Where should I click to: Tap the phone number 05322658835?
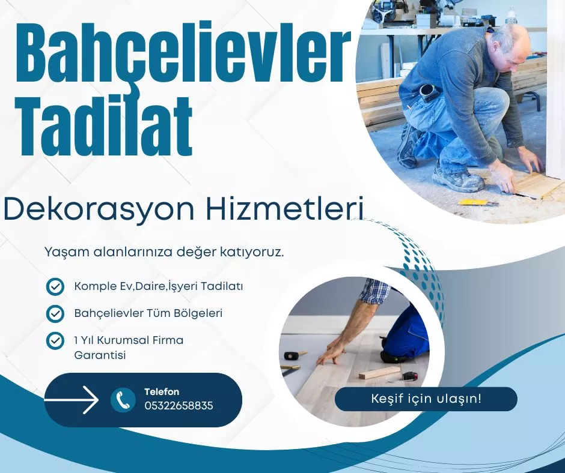coord(179,406)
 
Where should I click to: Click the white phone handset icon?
coord(123,400)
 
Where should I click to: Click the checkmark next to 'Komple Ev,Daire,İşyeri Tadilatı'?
coord(55,287)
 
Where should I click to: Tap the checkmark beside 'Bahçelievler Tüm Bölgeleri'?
coord(55,313)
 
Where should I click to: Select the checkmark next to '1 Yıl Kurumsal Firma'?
coord(55,341)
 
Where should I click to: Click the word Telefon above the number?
coord(162,392)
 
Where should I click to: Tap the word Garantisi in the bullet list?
coord(100,355)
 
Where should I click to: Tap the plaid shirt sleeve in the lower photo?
coord(375,291)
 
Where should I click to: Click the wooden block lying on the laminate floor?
coord(379,373)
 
